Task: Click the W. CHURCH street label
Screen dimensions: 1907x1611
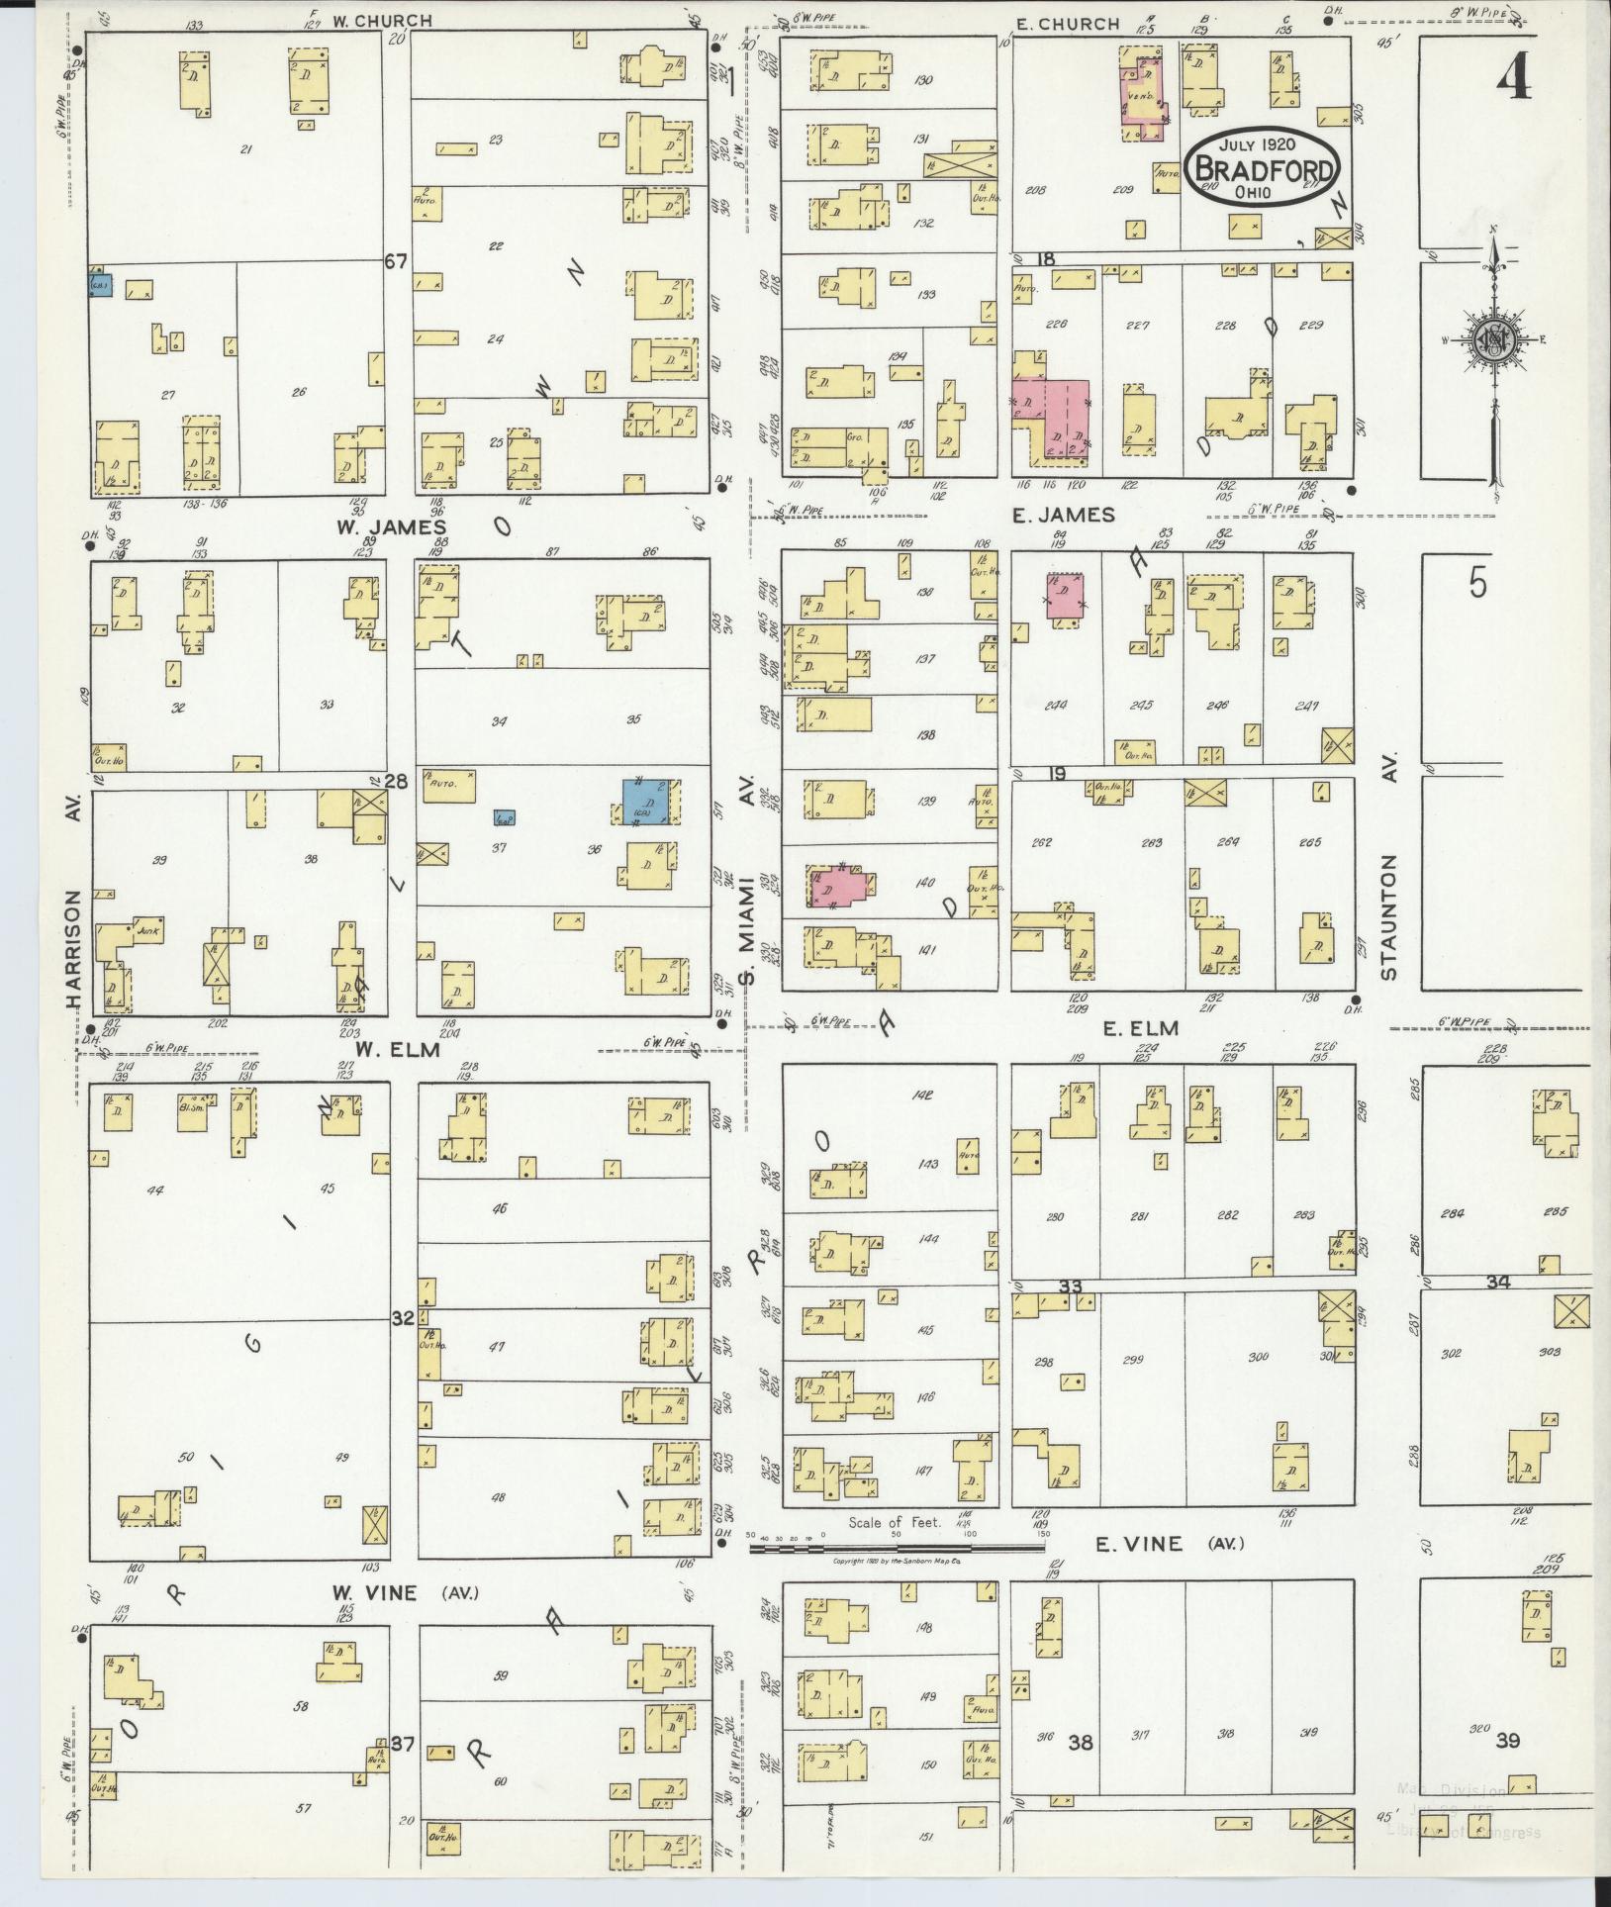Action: (368, 20)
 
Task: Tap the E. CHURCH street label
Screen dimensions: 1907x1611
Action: (1066, 24)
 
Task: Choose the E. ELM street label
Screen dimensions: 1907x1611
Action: (1141, 1029)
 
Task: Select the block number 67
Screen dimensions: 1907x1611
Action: (397, 261)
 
